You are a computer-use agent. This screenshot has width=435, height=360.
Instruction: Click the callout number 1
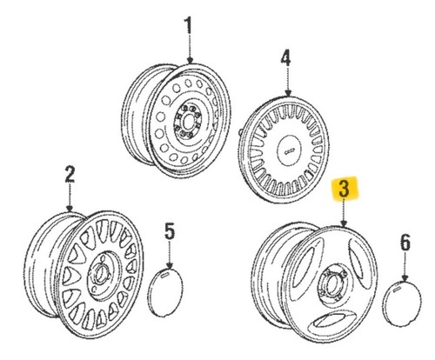tap(189, 25)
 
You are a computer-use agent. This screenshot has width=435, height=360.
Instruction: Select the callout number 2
tap(70, 174)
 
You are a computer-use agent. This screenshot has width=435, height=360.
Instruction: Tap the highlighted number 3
tap(345, 188)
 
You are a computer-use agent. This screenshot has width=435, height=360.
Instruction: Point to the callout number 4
tap(286, 57)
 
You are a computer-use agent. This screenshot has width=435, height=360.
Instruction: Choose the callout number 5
tap(170, 230)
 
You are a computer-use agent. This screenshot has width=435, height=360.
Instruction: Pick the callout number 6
tap(405, 243)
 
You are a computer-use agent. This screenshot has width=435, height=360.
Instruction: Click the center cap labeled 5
tap(165, 293)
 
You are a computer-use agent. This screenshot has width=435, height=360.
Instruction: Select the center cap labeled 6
tap(402, 303)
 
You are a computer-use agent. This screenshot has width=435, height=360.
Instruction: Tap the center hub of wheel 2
tap(101, 274)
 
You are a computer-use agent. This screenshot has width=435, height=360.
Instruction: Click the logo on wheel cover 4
tap(288, 151)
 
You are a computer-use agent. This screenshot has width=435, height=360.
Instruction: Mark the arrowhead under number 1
tap(190, 61)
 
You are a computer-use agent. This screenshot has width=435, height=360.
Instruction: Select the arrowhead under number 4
tap(288, 93)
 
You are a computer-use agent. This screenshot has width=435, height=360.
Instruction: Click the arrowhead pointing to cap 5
tap(170, 265)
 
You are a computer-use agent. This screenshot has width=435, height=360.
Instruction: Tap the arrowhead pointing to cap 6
tap(405, 277)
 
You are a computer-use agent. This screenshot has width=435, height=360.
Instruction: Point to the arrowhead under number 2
tap(70, 208)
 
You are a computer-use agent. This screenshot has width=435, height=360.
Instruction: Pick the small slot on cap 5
tap(164, 275)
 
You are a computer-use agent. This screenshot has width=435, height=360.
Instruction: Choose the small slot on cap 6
tap(397, 289)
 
